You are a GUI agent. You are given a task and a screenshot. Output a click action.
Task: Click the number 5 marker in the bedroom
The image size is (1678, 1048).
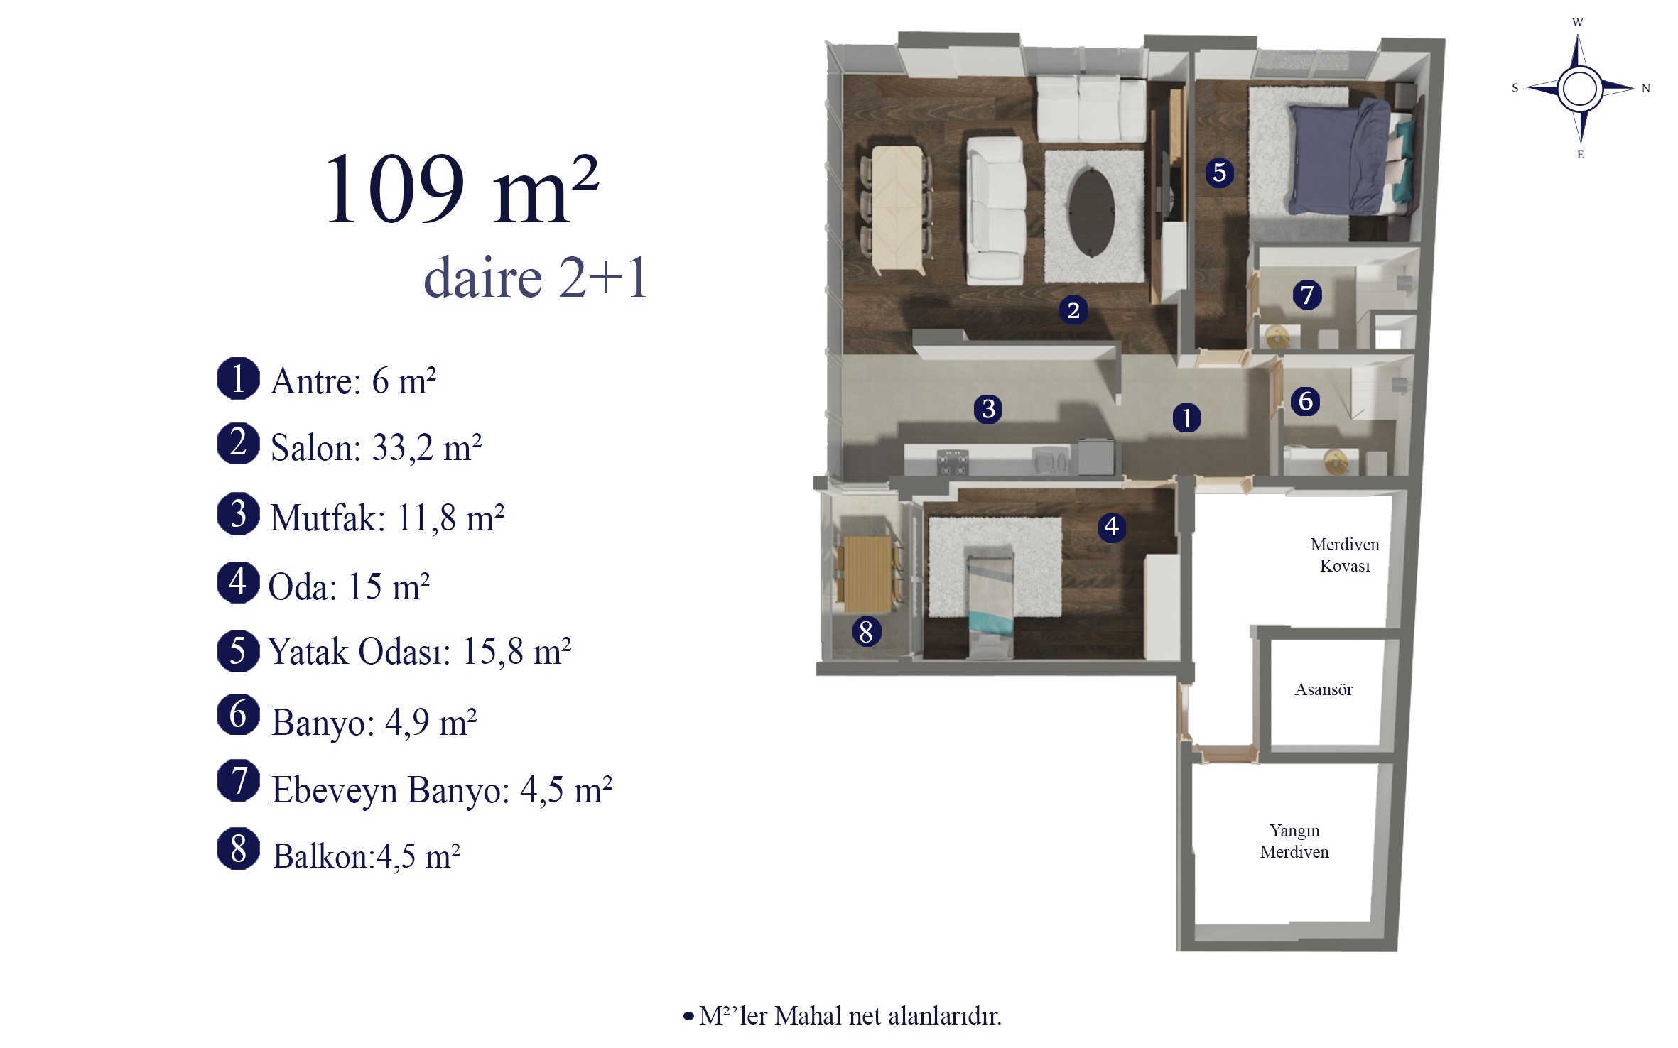click(1219, 173)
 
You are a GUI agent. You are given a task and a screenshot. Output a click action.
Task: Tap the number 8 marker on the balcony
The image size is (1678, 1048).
click(866, 631)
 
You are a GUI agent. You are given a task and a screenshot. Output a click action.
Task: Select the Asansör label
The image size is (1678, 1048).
click(1323, 689)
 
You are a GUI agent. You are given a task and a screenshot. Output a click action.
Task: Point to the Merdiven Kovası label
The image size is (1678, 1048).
click(1345, 555)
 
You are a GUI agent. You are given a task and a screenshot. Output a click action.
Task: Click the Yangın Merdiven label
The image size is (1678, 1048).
click(1294, 841)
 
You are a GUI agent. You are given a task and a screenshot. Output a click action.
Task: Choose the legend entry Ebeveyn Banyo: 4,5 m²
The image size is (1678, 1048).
click(442, 790)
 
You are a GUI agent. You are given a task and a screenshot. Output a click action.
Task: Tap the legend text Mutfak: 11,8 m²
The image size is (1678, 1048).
click(387, 518)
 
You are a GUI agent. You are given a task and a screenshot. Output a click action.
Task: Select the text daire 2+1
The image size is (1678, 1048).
click(536, 278)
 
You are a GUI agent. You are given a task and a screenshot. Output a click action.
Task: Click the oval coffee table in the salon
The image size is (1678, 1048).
click(1092, 211)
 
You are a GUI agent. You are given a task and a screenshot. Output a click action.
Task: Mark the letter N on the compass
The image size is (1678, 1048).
click(1645, 89)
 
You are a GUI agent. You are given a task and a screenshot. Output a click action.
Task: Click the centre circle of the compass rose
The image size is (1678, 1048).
click(1580, 89)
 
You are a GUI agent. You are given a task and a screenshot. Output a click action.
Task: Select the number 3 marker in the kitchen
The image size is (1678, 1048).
click(987, 409)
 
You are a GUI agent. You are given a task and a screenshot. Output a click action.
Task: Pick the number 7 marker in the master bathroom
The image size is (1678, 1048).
click(1306, 295)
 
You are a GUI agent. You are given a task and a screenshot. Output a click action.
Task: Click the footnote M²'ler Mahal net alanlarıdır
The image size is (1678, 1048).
click(843, 1016)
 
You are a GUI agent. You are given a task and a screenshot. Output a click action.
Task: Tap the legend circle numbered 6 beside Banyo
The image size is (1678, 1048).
click(239, 715)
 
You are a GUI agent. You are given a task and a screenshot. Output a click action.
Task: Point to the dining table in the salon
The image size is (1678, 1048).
click(898, 209)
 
